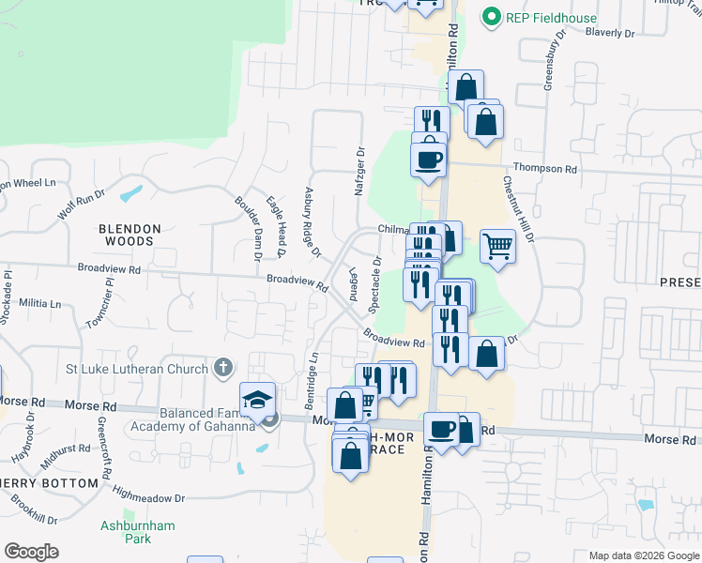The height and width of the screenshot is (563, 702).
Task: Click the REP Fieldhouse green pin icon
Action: pos(489,16)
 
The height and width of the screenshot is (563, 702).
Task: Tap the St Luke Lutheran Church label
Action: pos(140,369)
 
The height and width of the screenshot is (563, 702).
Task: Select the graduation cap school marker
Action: pos(257,400)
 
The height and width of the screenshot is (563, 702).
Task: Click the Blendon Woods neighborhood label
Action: pos(130,235)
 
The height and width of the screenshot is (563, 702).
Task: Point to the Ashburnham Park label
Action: pos(138,533)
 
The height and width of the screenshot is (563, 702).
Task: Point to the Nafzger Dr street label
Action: pos(359,170)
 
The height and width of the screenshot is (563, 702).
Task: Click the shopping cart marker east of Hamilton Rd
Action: pos(497,247)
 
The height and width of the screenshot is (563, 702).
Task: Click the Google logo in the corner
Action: pos(32,552)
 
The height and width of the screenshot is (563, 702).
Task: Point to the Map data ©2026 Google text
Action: pos(643,555)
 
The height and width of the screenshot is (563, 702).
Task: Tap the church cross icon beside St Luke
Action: pos(222,367)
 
